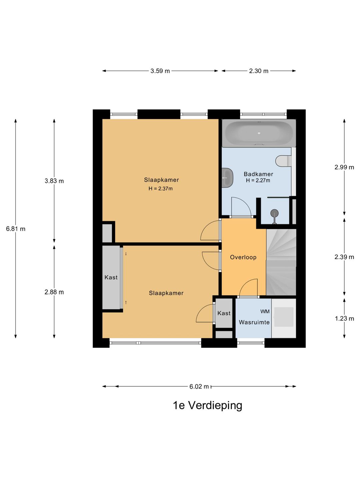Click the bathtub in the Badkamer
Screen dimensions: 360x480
pos(259,133)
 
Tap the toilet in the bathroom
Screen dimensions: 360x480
pos(283,161)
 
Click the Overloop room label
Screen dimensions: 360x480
pos(243,257)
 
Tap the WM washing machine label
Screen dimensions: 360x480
pos(265,311)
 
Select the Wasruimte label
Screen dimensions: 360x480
pos(254,322)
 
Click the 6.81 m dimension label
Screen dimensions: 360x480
pos(16,229)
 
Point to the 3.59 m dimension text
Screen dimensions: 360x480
pos(160,71)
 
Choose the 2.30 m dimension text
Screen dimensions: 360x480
pos(259,71)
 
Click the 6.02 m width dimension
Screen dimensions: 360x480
pos(199,386)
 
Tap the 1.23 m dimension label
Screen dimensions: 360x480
pos(344,319)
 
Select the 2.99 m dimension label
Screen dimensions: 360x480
pos(344,167)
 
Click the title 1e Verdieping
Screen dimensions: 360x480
pos(207,406)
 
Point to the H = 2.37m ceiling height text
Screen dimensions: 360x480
pos(160,189)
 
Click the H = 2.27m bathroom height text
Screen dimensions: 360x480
pos(258,180)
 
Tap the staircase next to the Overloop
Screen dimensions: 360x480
pos(281,262)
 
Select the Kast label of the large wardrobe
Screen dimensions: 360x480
pos(111,277)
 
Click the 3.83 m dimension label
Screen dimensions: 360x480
pos(54,181)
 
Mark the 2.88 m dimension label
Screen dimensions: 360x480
pos(54,292)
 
